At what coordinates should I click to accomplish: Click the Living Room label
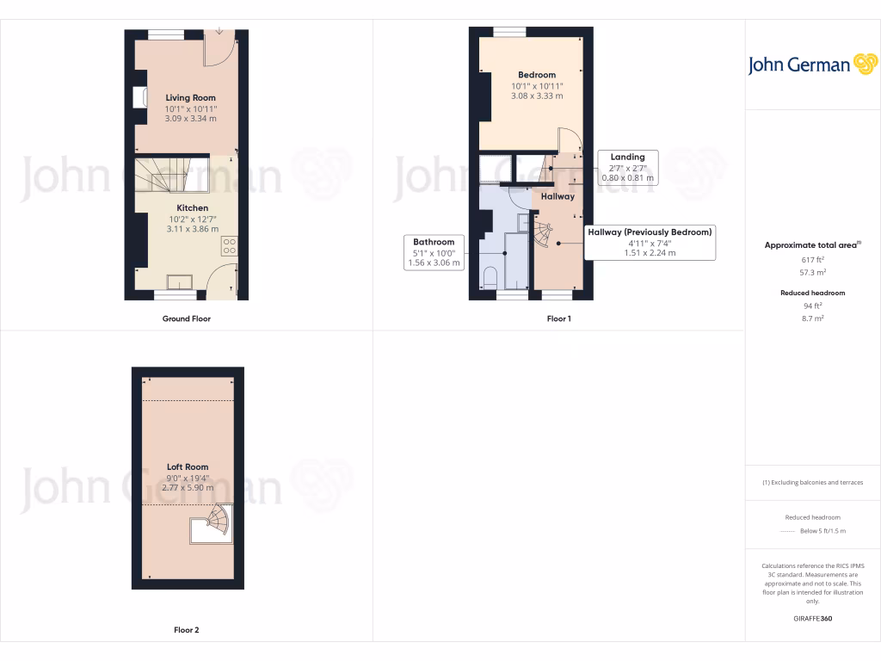click(x=190, y=98)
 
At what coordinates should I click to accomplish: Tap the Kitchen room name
click(x=192, y=208)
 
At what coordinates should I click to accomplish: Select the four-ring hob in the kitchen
click(x=230, y=247)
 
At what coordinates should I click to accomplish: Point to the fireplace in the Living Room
click(x=139, y=98)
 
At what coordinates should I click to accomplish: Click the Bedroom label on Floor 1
click(x=537, y=75)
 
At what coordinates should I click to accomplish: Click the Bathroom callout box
click(x=434, y=252)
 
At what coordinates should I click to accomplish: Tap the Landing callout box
click(x=627, y=168)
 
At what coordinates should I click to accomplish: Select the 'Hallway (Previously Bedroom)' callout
click(x=650, y=243)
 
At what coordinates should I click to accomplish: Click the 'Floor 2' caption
click(x=187, y=630)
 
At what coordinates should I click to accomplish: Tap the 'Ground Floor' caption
click(x=187, y=318)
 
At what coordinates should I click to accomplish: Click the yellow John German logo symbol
click(x=864, y=65)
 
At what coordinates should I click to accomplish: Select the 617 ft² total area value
click(x=812, y=259)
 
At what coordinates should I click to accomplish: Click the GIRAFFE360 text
click(x=812, y=619)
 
